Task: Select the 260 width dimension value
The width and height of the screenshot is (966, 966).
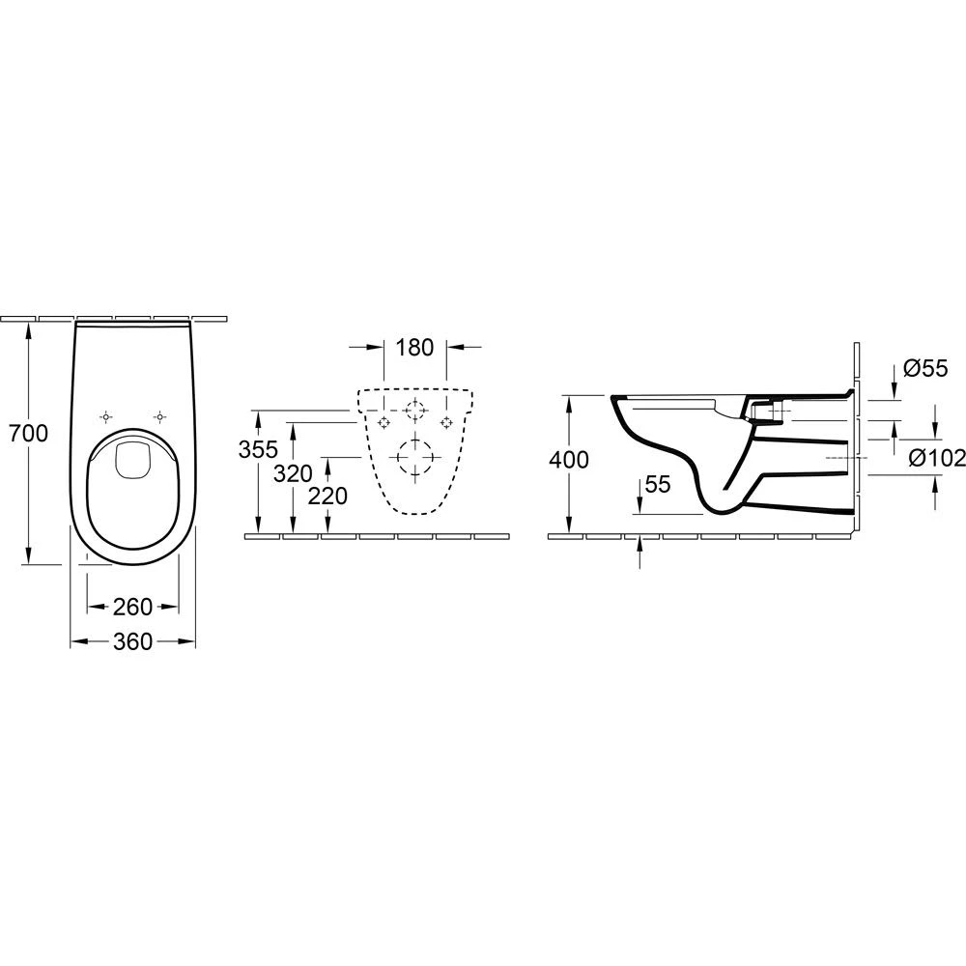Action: pyautogui.click(x=132, y=607)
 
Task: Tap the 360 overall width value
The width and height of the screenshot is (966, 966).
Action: pyautogui.click(x=132, y=641)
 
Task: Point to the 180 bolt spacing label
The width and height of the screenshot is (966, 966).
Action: pyautogui.click(x=415, y=348)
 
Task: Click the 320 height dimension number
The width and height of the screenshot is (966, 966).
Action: pyautogui.click(x=293, y=472)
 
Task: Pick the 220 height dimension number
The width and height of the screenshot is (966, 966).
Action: pyautogui.click(x=329, y=496)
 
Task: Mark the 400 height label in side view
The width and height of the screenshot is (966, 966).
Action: pyautogui.click(x=569, y=460)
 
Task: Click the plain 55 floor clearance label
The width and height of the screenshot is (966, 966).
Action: pyautogui.click(x=657, y=485)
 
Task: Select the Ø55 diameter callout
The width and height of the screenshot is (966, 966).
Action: pyautogui.click(x=925, y=368)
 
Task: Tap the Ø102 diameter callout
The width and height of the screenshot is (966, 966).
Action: pyautogui.click(x=933, y=458)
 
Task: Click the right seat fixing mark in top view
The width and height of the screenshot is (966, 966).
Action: pyautogui.click(x=158, y=416)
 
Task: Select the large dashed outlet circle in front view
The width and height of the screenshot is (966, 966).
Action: pyautogui.click(x=415, y=456)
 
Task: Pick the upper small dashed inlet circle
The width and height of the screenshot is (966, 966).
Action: pyautogui.click(x=415, y=411)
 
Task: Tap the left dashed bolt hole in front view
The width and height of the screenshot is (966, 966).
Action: pyautogui.click(x=384, y=422)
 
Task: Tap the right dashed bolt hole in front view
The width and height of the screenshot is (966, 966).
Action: pyautogui.click(x=446, y=422)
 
